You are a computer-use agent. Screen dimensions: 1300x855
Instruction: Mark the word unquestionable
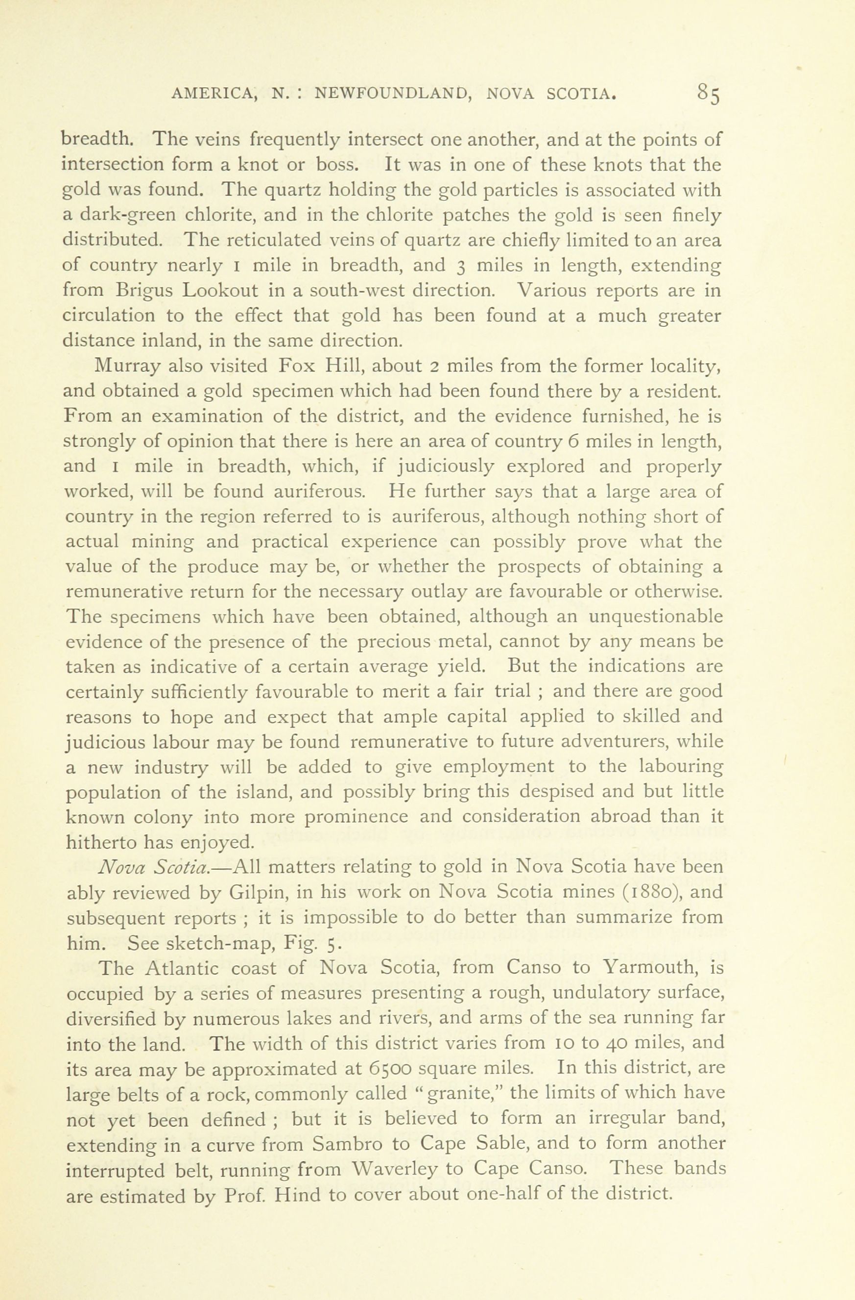pos(655,617)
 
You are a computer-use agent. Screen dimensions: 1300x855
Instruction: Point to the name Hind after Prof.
pos(299,1195)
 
